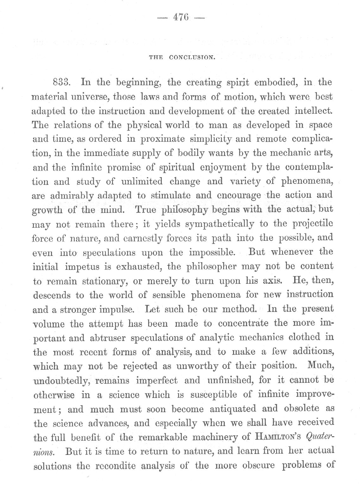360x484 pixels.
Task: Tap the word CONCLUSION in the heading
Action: tap(192, 58)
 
